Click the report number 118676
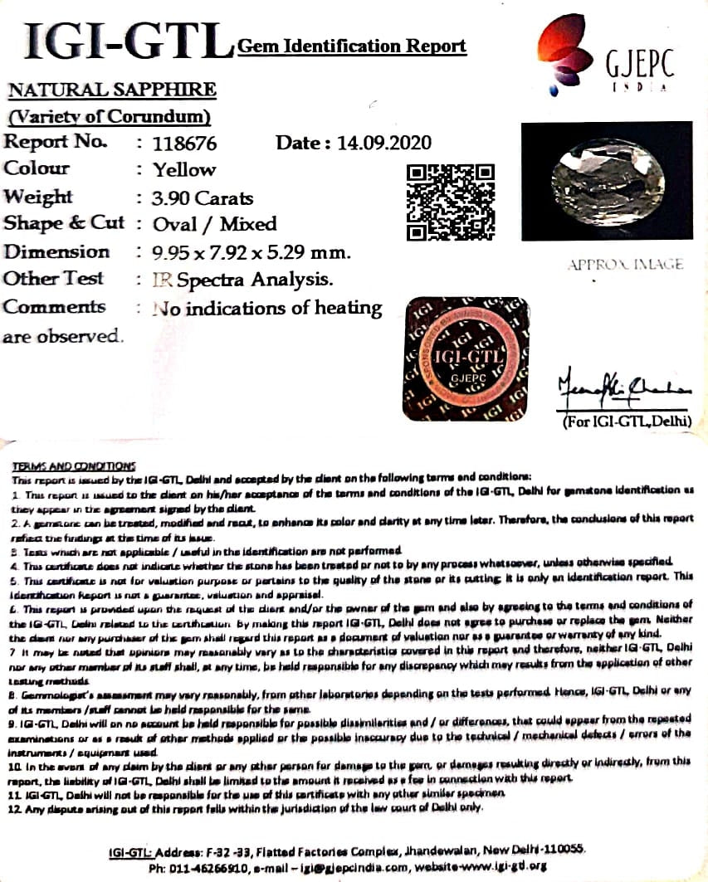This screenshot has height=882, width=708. click(184, 144)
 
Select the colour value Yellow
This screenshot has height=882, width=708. click(184, 170)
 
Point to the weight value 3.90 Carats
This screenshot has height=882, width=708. click(203, 198)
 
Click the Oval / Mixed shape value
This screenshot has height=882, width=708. click(215, 224)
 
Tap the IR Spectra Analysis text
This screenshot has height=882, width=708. click(243, 280)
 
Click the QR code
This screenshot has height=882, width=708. click(451, 202)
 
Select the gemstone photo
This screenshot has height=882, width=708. click(606, 181)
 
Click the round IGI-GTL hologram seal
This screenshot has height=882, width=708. click(466, 358)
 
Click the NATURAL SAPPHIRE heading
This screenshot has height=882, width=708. click(112, 90)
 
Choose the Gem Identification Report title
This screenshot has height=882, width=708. click(351, 46)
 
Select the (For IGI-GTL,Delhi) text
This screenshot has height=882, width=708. click(627, 422)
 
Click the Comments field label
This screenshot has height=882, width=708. click(54, 307)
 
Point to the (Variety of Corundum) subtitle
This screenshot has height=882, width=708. click(109, 116)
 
